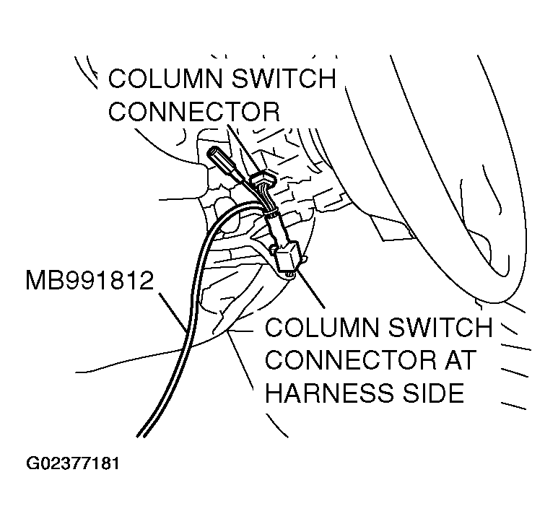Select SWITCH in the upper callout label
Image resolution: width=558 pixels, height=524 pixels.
(x=284, y=79)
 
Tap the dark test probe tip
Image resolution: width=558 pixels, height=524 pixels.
(x=219, y=158)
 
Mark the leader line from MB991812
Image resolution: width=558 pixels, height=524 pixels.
(x=175, y=309)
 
